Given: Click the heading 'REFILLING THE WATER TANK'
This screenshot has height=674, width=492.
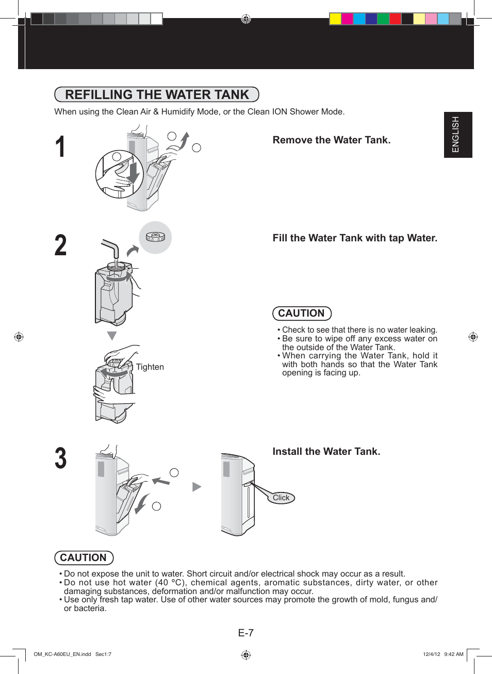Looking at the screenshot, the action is point(157,95).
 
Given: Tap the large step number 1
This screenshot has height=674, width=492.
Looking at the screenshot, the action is point(60,147).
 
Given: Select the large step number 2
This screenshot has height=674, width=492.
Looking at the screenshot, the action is point(60,245).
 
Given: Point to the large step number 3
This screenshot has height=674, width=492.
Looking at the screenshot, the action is point(61,458).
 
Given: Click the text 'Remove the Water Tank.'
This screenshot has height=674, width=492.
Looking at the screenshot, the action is point(331,140).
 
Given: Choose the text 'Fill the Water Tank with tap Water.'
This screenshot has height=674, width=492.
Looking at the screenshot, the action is point(355,238).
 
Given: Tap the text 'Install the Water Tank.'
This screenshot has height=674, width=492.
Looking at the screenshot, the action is point(326,452).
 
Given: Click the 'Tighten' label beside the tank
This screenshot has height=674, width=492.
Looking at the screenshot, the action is point(150,367).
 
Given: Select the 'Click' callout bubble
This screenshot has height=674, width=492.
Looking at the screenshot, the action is point(281,498).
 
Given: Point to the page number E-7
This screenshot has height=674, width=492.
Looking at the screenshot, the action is point(246,633).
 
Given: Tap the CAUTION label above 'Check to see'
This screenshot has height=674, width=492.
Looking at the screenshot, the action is point(302,314).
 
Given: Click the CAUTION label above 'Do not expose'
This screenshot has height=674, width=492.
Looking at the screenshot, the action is point(84,558).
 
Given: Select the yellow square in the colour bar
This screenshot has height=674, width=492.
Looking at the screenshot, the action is point(335,19).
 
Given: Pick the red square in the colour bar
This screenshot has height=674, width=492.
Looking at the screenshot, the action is point(395,19).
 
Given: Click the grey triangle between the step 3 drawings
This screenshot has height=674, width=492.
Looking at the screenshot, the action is point(196,487).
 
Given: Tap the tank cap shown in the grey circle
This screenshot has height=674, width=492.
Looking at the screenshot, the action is point(155,237).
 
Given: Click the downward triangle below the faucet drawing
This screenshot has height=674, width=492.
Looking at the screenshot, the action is point(111,336).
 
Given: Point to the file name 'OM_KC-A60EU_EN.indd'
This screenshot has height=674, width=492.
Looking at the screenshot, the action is point(62,654).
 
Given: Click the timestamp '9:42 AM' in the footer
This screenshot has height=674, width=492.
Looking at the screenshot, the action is point(454,654).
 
